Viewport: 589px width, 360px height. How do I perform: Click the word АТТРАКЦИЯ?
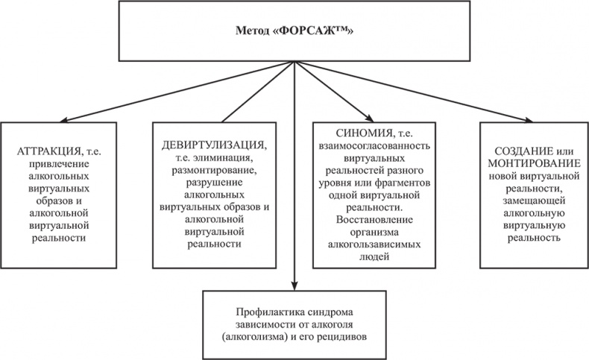click(43, 151)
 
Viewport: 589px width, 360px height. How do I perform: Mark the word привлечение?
click(60, 165)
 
